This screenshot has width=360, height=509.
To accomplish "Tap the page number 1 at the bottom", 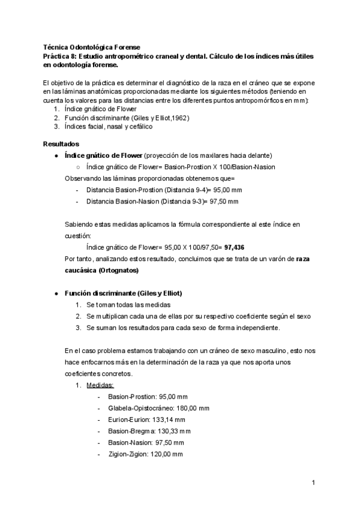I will pyautogui.click(x=313, y=482).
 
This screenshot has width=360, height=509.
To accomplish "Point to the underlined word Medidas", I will pyautogui.click(x=100, y=385).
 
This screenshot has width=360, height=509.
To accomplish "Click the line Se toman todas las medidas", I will pyautogui.click(x=126, y=305).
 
